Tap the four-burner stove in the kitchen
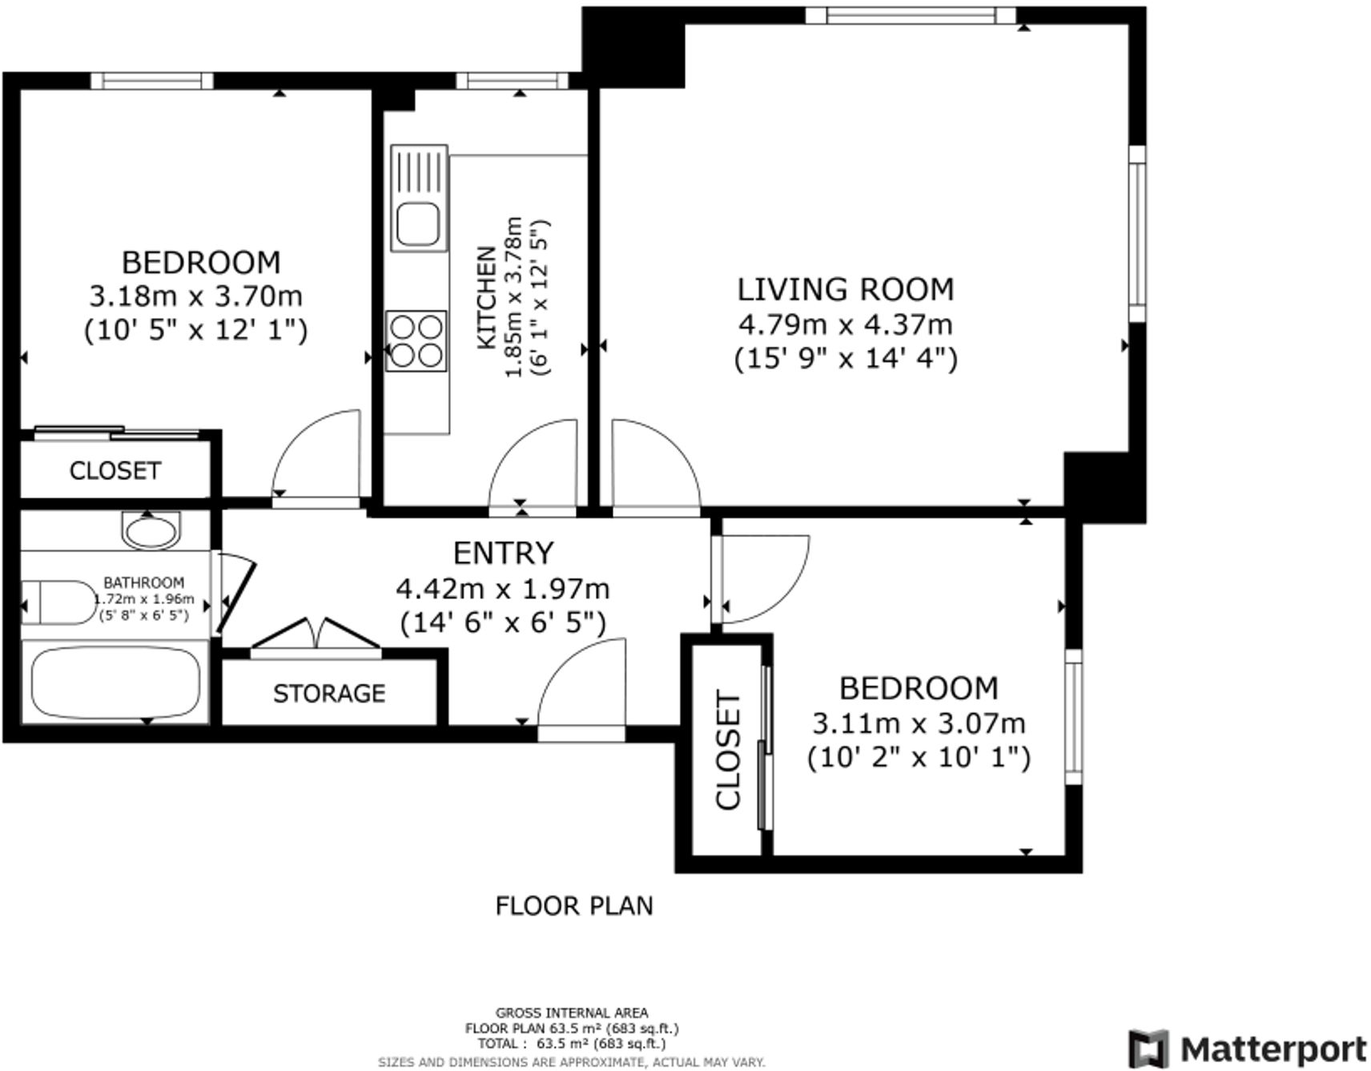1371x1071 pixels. (416, 340)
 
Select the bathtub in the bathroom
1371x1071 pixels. (115, 683)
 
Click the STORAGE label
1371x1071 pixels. (329, 693)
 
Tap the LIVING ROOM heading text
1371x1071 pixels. (845, 289)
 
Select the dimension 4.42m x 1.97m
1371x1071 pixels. (502, 589)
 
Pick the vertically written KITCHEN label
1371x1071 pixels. (486, 298)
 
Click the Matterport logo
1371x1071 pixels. (1248, 1048)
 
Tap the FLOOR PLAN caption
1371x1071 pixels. (573, 906)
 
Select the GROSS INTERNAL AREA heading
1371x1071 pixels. (571, 1013)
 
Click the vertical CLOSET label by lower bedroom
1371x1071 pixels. (728, 751)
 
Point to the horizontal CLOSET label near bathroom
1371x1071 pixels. (115, 470)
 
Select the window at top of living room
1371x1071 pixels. (911, 14)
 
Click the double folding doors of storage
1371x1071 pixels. (316, 637)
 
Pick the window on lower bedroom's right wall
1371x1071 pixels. (1072, 716)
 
